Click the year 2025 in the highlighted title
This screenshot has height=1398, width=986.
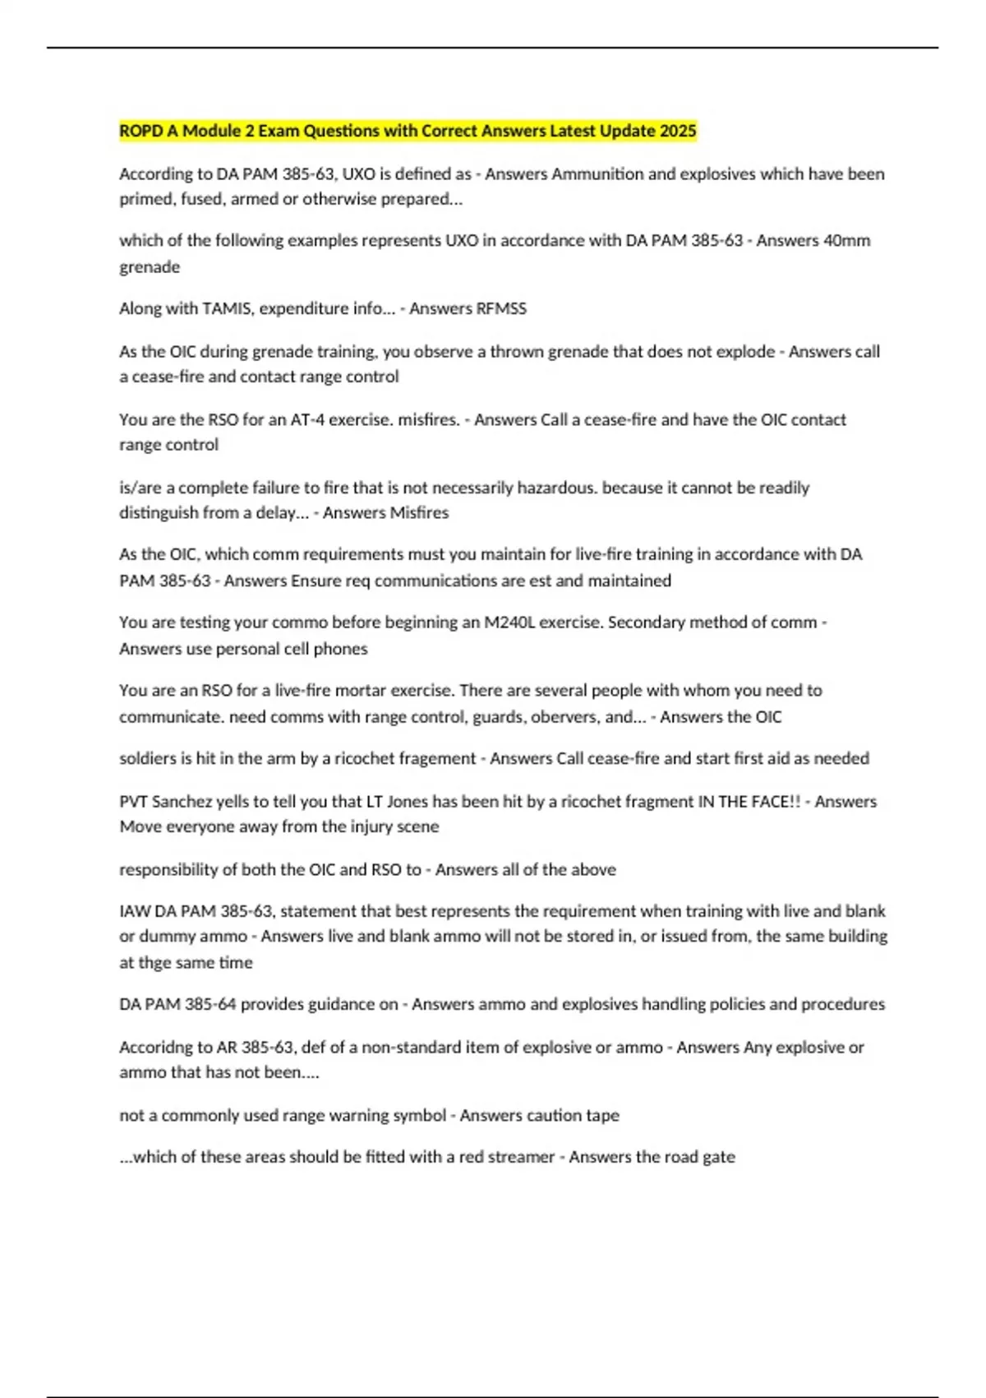678,131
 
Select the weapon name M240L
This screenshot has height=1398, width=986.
509,622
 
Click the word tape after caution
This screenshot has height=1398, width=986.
602,1115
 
